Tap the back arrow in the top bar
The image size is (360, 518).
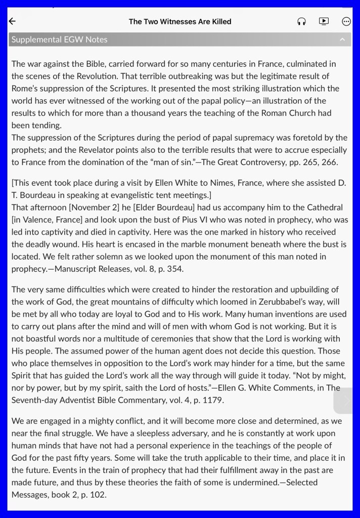pos(13,21)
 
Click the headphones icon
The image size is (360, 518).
pos(302,21)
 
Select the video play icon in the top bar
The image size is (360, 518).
pos(324,21)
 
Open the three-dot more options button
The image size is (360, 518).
pos(346,21)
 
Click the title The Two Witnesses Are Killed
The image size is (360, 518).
pos(180,21)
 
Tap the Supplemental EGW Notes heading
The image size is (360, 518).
pos(60,39)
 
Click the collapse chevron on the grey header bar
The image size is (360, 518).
pos(342,39)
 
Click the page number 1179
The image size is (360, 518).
pos(212,400)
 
